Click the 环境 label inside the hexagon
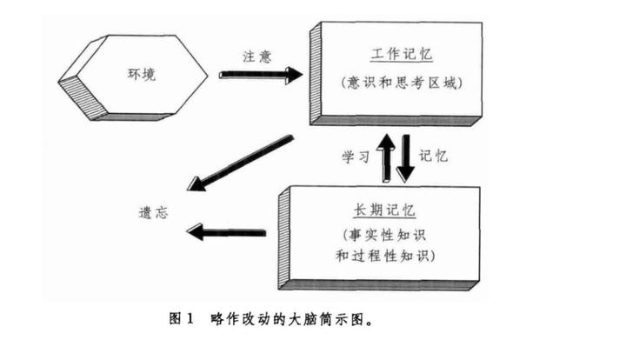coord(142,74)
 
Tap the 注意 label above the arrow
coord(257,57)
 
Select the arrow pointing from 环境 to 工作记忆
coord(261,75)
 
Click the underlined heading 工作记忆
coord(402,54)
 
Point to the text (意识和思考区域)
coord(402,83)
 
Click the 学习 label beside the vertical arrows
coord(356,157)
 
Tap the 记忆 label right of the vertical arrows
coord(433,156)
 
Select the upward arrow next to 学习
coord(386,157)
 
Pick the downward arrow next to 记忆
coord(406,158)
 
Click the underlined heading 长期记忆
coord(384,210)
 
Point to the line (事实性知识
coord(384,235)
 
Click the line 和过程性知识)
coord(385,256)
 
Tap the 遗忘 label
coord(154,212)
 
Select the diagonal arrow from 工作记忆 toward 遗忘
coord(240,163)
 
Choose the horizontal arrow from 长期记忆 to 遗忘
coord(226,232)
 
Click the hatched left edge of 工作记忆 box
coord(316,73)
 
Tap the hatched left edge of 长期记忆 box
coord(284,237)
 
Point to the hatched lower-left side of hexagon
coord(83,97)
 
